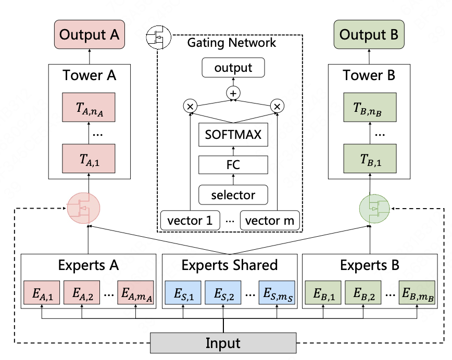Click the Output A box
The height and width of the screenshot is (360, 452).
89,35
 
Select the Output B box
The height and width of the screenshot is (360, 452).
369,35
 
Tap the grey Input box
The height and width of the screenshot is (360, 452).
223,343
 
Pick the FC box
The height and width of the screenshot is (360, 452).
233,165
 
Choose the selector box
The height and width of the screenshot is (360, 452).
233,195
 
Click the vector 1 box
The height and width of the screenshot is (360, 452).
190,221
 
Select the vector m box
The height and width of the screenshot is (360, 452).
270,221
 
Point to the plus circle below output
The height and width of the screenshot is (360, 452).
233,94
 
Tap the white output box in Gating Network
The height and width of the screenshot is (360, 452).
233,68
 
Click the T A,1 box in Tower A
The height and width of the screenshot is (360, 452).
89,159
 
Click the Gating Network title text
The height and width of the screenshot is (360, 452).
232,43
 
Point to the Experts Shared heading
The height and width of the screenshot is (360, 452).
229,265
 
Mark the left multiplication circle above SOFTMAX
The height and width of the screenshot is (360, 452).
190,107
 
